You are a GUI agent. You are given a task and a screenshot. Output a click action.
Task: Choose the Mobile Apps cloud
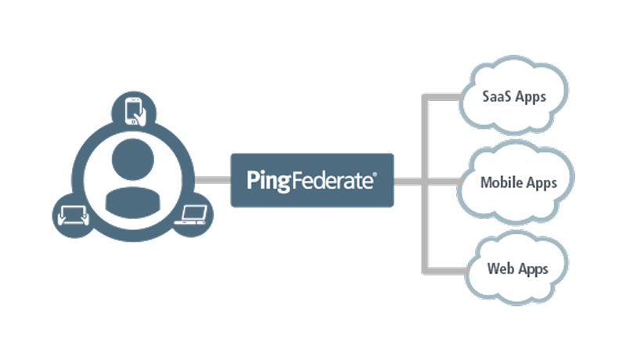point(519,184)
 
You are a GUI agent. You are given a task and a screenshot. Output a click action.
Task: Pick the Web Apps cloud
point(516,268)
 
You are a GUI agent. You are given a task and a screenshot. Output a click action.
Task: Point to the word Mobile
point(499,184)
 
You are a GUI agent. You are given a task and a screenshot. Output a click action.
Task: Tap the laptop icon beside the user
point(192,215)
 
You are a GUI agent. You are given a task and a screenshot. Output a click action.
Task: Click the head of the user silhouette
point(130,158)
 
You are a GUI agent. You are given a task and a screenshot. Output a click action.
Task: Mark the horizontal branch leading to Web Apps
point(446,270)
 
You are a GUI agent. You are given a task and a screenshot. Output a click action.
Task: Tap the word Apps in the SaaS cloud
point(531,98)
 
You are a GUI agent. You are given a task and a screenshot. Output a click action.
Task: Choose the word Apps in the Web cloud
point(533,269)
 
